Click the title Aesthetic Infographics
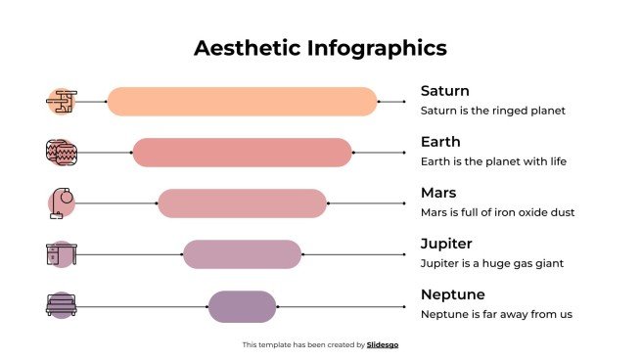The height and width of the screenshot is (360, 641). (320, 48)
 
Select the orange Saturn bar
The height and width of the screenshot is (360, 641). (242, 102)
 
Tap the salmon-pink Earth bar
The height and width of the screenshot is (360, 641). (242, 153)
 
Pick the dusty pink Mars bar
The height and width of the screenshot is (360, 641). (242, 203)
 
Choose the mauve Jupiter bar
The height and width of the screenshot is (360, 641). (242, 254)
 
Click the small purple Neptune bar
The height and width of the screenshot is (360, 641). (242, 305)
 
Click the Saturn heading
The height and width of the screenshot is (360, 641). (444, 91)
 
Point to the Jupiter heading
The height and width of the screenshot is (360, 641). (446, 244)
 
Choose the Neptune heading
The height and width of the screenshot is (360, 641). (452, 294)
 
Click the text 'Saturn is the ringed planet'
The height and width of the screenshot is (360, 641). (492, 111)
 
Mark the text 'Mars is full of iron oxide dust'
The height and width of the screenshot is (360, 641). (497, 212)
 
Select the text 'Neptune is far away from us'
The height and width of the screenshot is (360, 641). (495, 314)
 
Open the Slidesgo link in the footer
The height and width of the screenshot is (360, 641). (383, 344)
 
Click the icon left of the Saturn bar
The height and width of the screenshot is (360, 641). (61, 102)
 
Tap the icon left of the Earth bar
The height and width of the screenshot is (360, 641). (61, 153)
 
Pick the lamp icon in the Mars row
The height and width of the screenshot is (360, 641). (61, 202)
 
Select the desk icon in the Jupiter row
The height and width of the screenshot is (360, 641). (60, 254)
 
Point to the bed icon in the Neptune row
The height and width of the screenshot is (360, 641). (61, 305)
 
